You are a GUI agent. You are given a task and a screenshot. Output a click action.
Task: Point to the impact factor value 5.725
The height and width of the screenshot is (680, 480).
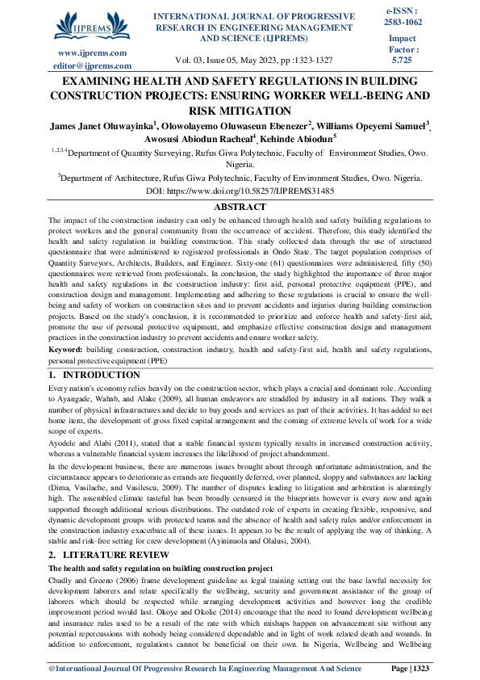(401, 61)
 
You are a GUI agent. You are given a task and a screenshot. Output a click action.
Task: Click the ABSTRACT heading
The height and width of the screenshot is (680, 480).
(240, 207)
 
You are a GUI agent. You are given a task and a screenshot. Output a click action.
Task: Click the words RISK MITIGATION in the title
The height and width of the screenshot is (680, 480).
(240, 111)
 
